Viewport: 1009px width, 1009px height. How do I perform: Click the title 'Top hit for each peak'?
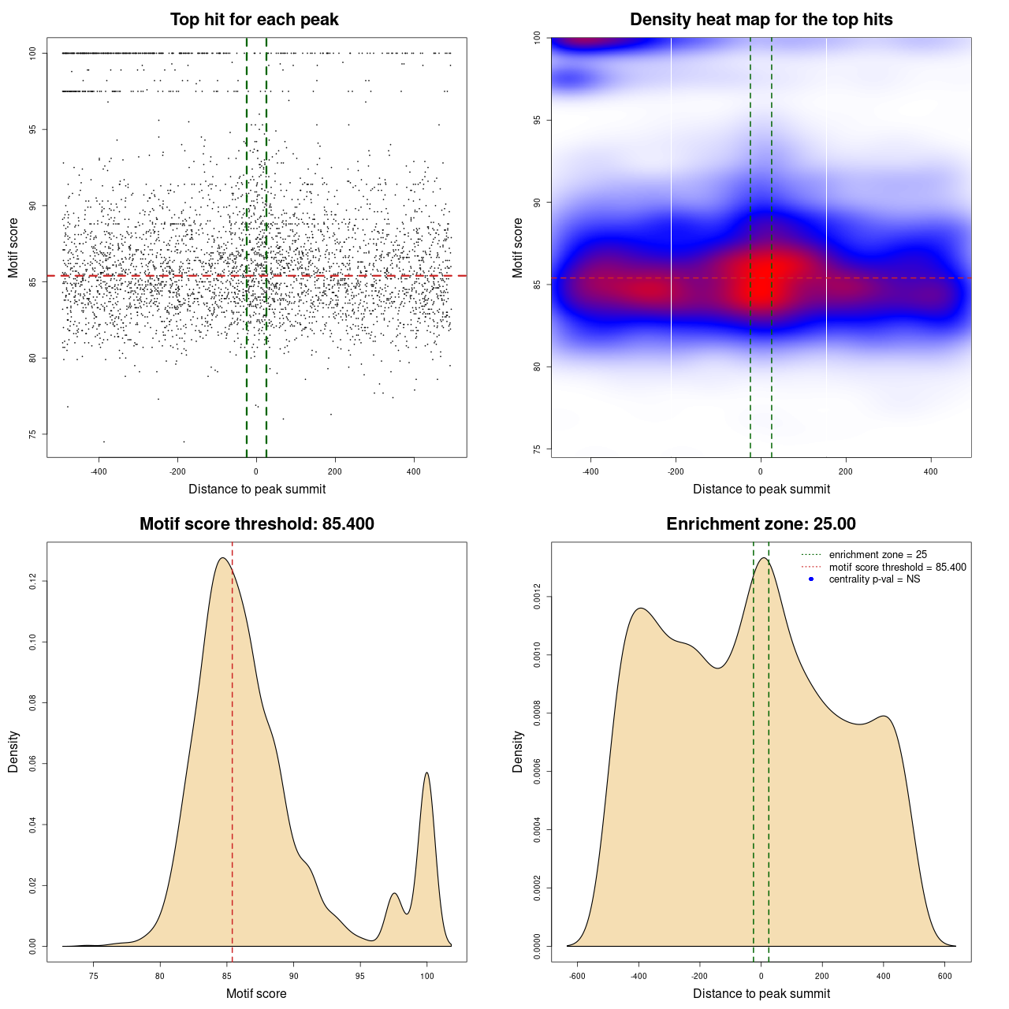click(x=255, y=20)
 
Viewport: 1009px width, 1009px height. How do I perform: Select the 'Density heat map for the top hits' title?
click(x=761, y=20)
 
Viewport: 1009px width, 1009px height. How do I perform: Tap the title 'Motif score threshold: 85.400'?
click(x=256, y=524)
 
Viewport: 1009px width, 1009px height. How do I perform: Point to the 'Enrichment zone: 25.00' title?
click(x=761, y=524)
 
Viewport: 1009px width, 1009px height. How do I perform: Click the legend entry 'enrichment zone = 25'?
click(x=877, y=555)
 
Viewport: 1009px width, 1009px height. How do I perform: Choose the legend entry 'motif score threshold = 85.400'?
click(x=897, y=568)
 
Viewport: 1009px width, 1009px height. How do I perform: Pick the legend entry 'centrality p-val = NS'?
click(x=874, y=579)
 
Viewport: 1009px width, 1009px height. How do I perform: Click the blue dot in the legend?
click(x=811, y=579)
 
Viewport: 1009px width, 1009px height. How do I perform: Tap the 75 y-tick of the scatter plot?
click(x=33, y=434)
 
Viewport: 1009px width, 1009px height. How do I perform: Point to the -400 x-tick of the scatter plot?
click(x=99, y=472)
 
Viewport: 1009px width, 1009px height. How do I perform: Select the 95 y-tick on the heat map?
click(x=538, y=120)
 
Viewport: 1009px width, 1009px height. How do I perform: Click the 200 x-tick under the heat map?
click(x=846, y=472)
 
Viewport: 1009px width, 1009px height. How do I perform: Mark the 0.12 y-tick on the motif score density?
click(x=33, y=582)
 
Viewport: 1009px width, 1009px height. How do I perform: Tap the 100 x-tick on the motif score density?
click(x=426, y=976)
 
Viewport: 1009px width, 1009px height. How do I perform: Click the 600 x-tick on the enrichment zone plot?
click(x=944, y=976)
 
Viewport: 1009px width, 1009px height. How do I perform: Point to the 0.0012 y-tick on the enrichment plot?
click(x=538, y=598)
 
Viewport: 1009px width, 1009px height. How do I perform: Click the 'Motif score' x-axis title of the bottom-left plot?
click(x=256, y=994)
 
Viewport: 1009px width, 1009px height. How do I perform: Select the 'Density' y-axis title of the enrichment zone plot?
click(x=518, y=751)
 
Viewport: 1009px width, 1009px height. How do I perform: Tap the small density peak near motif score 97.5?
click(x=395, y=893)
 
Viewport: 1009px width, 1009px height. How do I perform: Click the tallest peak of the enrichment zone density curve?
click(x=762, y=558)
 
